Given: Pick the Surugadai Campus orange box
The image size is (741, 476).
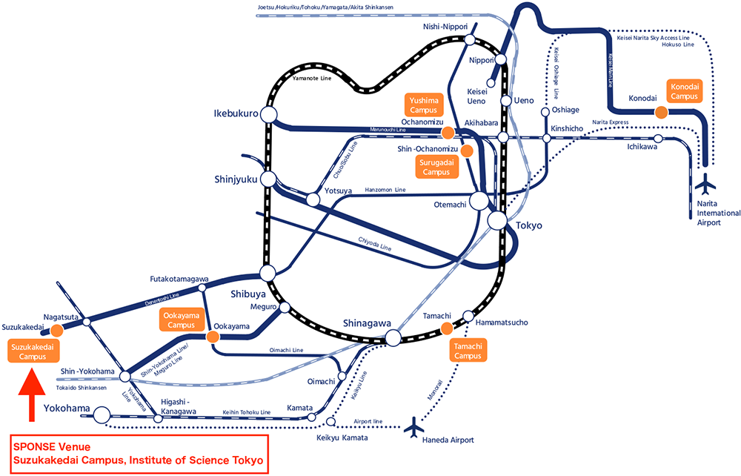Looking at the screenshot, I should [x=437, y=168].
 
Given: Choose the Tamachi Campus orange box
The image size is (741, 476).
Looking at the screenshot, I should [x=468, y=351].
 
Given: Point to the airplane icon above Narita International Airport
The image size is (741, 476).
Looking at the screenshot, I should [x=708, y=182].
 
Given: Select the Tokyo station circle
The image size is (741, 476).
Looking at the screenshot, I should [x=498, y=220].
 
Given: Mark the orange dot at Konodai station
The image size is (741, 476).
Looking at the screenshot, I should [x=659, y=112].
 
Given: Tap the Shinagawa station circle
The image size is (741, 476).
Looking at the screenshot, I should [x=393, y=338].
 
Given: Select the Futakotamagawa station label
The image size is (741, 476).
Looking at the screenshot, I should [x=179, y=280].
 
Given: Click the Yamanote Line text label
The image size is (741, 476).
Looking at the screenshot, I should [x=312, y=77].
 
